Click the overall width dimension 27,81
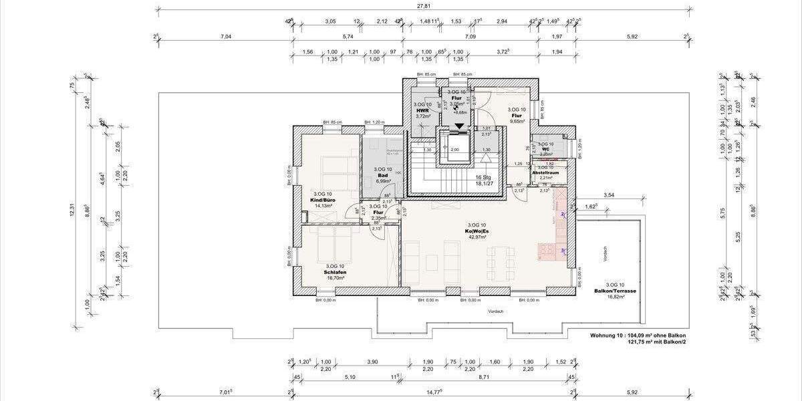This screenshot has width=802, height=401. pyautogui.click(x=424, y=6)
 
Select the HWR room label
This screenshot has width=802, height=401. pyautogui.click(x=422, y=110)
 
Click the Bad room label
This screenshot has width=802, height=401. pyautogui.click(x=382, y=175)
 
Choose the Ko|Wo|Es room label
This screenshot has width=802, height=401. pyautogui.click(x=477, y=231)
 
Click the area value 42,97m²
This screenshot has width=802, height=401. pyautogui.click(x=477, y=237)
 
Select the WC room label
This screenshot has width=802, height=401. pyautogui.click(x=546, y=148)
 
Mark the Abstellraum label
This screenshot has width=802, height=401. pyautogui.click(x=545, y=172)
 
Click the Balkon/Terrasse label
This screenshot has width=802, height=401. pyautogui.click(x=614, y=290)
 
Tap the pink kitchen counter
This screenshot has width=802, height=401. pyautogui.click(x=561, y=223)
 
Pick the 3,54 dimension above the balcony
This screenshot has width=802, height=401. pyautogui.click(x=608, y=194)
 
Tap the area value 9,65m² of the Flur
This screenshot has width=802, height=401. pyautogui.click(x=517, y=121)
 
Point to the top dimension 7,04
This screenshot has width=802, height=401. pyautogui.click(x=225, y=37)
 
